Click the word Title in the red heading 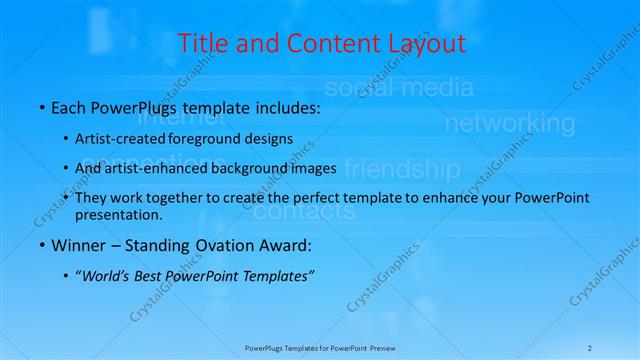pyautogui.click(x=201, y=44)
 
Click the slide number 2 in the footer pyautogui.click(x=590, y=348)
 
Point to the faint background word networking pyautogui.click(x=509, y=124)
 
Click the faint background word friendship pyautogui.click(x=402, y=167)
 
